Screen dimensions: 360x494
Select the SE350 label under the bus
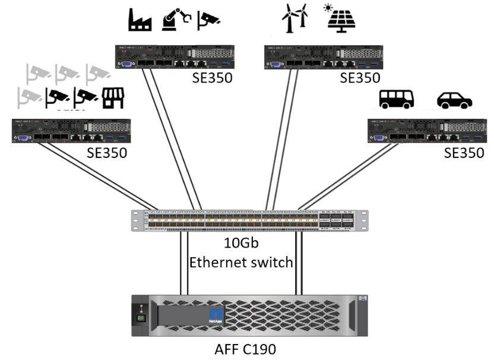pos(464,153)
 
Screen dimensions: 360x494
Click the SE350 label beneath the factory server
pos(212,78)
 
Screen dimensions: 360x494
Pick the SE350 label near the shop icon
pos(107,153)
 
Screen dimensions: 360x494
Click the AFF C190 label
pos(246,349)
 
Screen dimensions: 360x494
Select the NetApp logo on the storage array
pos(215,315)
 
